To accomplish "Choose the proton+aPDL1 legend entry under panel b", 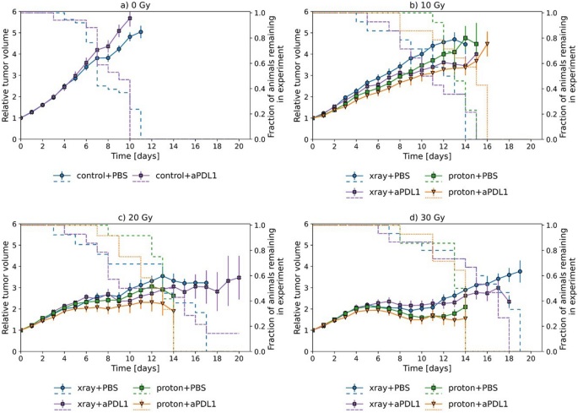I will [476, 193].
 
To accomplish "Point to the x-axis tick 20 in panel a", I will [239, 147].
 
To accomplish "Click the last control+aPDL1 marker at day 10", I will [130, 18].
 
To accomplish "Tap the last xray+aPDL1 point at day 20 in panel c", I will [239, 278].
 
